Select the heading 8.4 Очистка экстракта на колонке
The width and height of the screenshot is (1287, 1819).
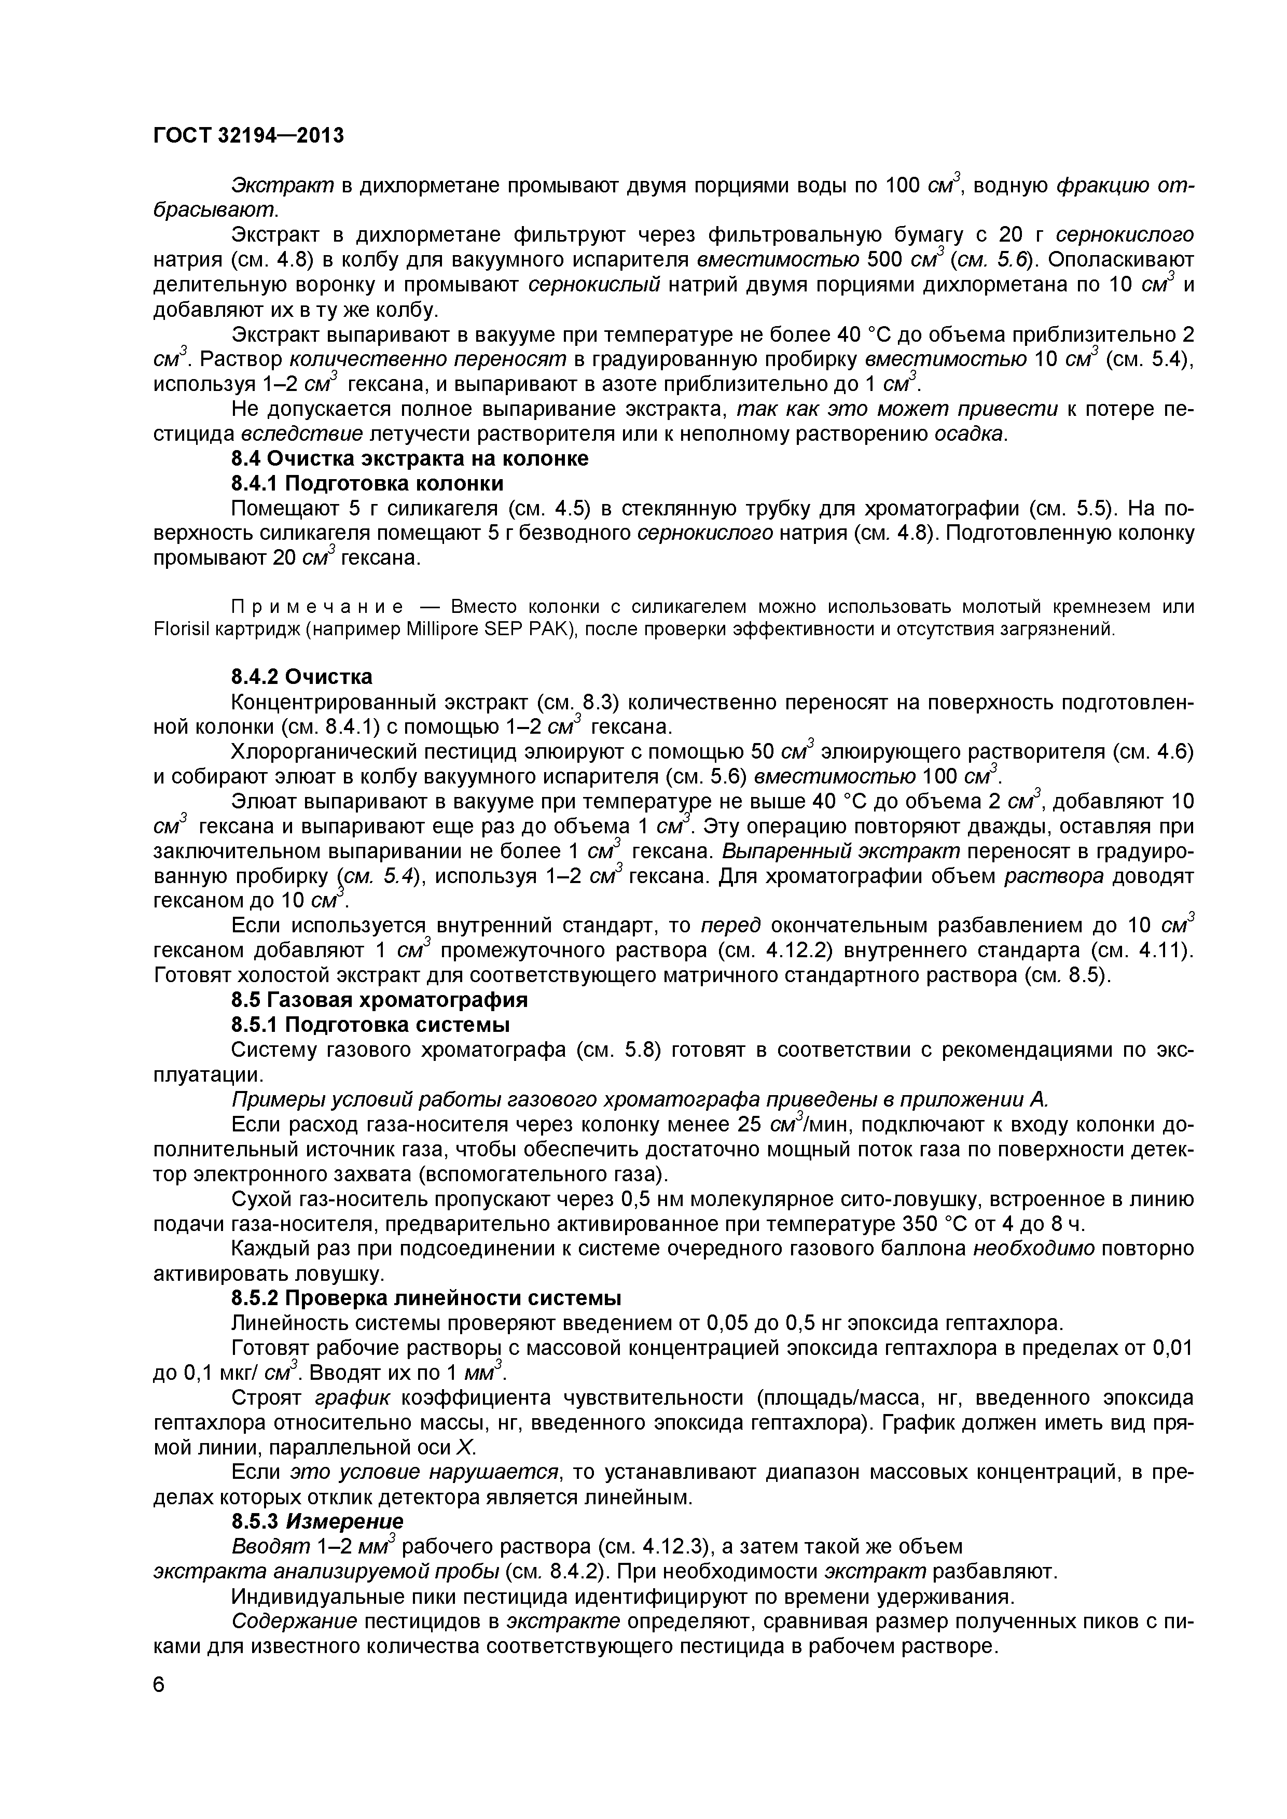(409, 459)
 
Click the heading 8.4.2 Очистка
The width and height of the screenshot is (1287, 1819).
(301, 677)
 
